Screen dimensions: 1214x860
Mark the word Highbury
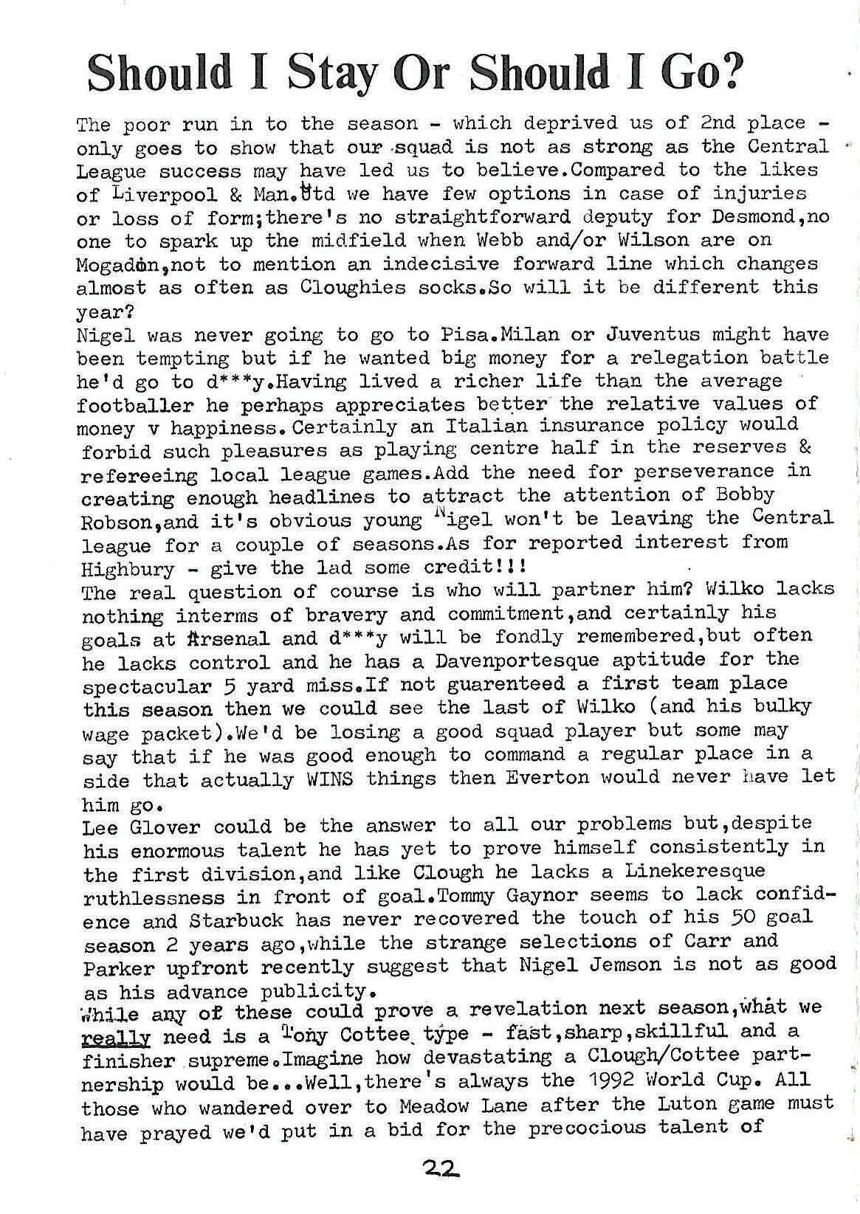(128, 569)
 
